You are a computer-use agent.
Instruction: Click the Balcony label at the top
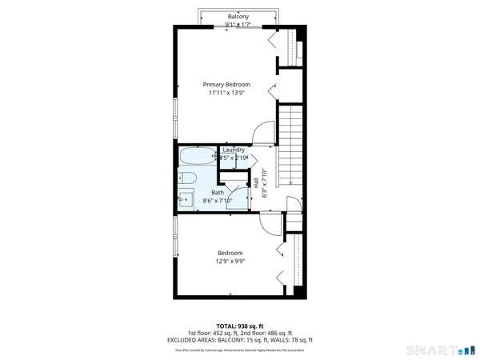238,16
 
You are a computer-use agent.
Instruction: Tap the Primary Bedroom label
226,85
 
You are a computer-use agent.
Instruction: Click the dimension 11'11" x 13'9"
226,94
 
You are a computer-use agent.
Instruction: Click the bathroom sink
183,198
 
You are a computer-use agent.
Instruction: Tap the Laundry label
234,150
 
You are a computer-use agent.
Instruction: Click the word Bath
218,193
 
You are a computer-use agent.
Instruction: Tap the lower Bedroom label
230,254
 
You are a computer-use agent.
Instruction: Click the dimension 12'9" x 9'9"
230,262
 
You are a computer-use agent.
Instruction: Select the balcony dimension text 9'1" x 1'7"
238,24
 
